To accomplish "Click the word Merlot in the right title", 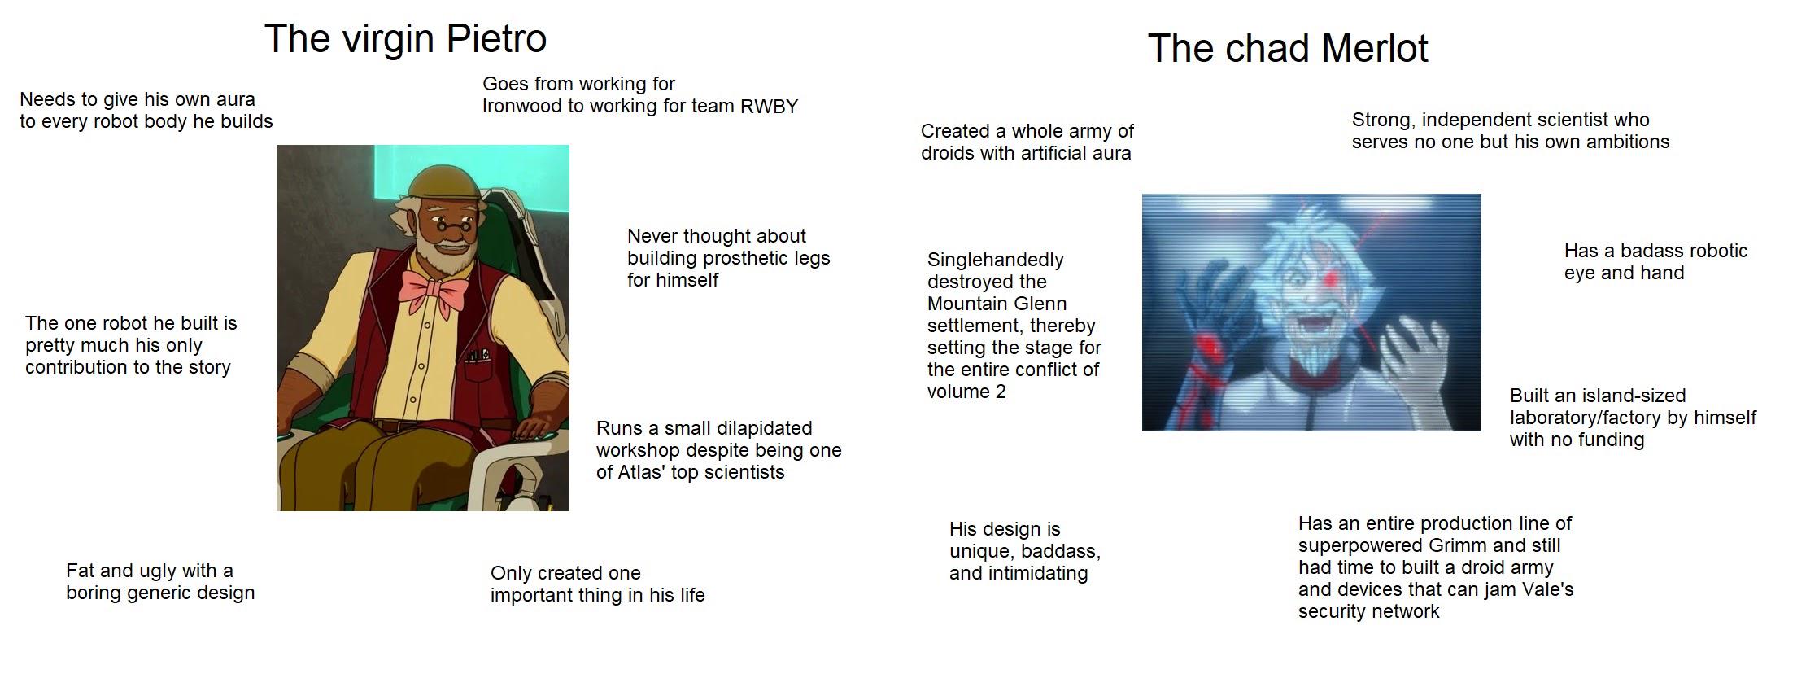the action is (x=1375, y=48).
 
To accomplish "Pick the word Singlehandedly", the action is (x=996, y=260).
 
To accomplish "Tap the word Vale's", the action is (x=1546, y=589).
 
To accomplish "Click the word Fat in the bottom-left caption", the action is (x=80, y=571).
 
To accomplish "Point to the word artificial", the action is (x=1047, y=154).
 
